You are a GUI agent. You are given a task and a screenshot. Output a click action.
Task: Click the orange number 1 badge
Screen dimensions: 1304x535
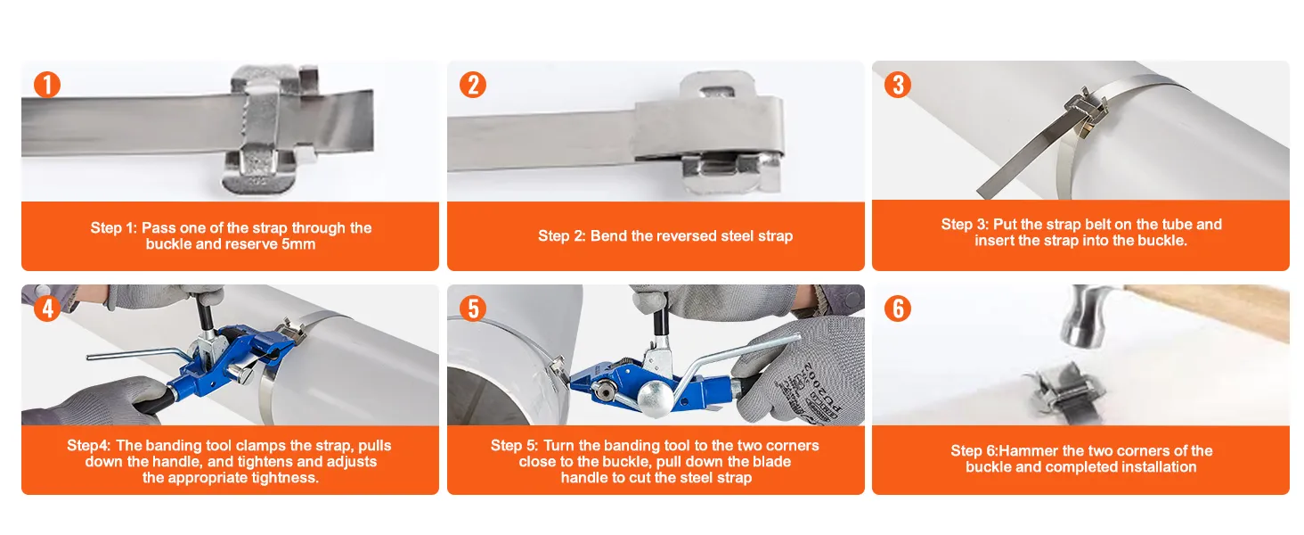(x=47, y=85)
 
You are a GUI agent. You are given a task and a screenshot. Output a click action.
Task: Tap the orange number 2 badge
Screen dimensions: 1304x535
(x=473, y=85)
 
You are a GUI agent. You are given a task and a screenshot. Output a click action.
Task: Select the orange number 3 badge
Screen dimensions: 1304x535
(x=898, y=85)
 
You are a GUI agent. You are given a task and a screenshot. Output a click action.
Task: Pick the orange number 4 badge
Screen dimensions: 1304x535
(x=47, y=309)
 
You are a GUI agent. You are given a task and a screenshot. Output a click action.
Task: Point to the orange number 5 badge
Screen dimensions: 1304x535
(x=473, y=309)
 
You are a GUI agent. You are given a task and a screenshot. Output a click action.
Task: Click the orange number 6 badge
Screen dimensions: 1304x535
(x=898, y=309)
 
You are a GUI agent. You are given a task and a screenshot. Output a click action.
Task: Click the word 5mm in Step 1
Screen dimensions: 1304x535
(x=298, y=244)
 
